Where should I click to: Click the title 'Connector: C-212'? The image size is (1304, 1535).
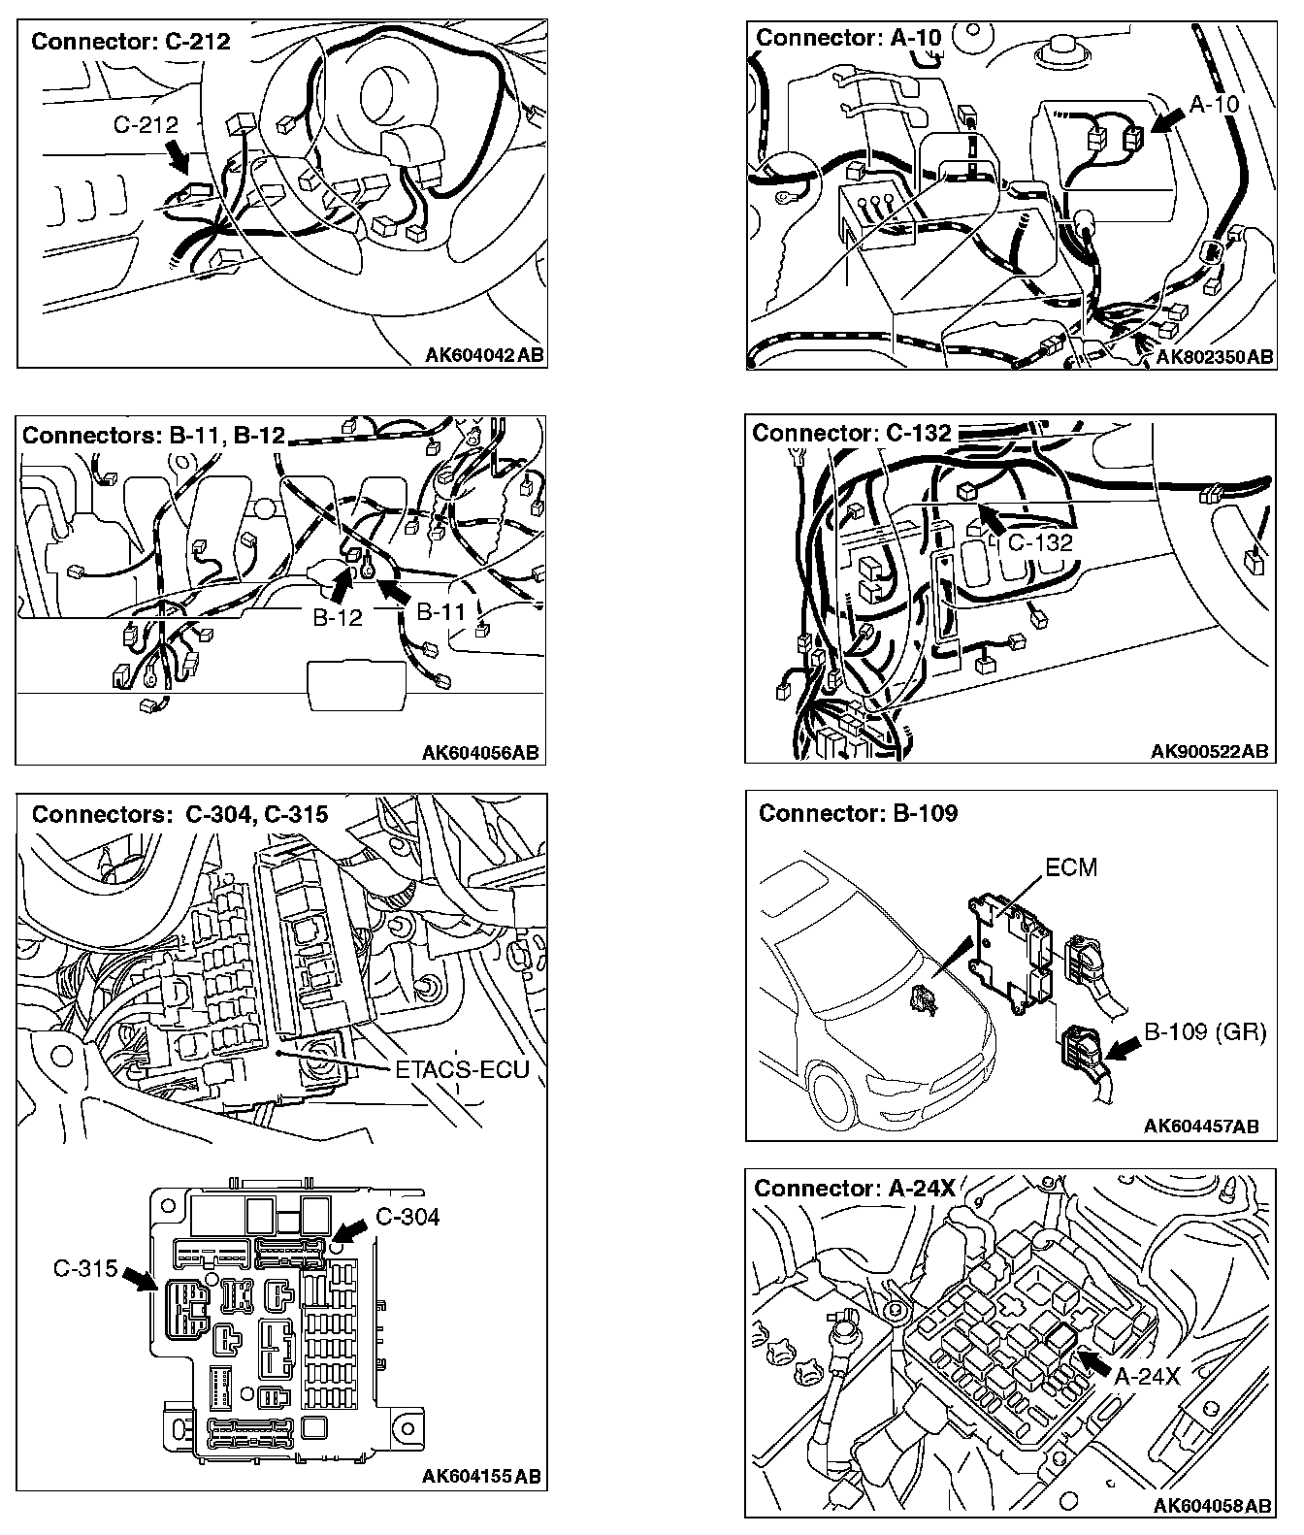[131, 41]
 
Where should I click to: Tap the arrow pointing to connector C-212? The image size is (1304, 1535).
[178, 155]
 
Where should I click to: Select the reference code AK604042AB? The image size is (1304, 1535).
[484, 355]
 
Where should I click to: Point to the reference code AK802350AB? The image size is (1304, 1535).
[1214, 357]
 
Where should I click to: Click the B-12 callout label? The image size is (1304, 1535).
[337, 617]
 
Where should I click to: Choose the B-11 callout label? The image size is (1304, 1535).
[441, 611]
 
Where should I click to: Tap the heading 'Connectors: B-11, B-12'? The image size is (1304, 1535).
[153, 435]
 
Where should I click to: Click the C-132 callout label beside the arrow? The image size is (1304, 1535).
[1040, 541]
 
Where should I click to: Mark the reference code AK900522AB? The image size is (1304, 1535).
[1209, 751]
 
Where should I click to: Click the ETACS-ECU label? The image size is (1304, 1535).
[462, 1069]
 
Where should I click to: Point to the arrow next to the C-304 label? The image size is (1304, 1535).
[352, 1229]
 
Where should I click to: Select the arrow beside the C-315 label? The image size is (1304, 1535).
[142, 1279]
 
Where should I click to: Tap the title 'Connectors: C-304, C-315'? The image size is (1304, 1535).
[179, 814]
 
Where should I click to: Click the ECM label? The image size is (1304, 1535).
[1071, 866]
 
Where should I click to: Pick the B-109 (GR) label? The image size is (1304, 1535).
[1205, 1031]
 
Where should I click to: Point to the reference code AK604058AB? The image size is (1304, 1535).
[1212, 1505]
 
